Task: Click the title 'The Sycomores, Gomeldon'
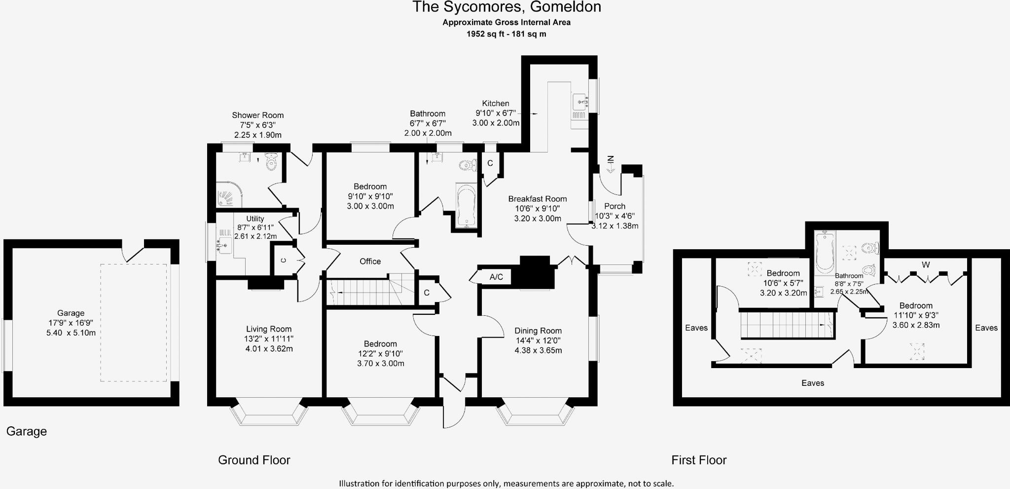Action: coord(506,7)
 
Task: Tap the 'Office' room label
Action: coord(370,262)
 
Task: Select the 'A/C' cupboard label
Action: coord(496,277)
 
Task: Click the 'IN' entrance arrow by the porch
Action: coord(611,163)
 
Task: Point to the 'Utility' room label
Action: coord(255,219)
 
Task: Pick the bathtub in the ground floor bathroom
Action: coord(466,206)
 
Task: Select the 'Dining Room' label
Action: coord(538,331)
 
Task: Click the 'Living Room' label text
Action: coord(269,329)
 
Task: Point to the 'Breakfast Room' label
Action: coord(538,199)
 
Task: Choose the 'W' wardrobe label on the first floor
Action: coord(926,265)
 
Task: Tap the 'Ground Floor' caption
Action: coord(254,460)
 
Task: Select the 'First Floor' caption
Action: coord(699,460)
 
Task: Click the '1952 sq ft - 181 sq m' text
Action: coord(506,34)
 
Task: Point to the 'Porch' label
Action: coord(614,206)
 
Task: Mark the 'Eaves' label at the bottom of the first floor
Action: coord(813,383)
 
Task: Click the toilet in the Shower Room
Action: coord(272,161)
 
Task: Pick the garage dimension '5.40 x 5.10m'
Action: coord(71,333)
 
